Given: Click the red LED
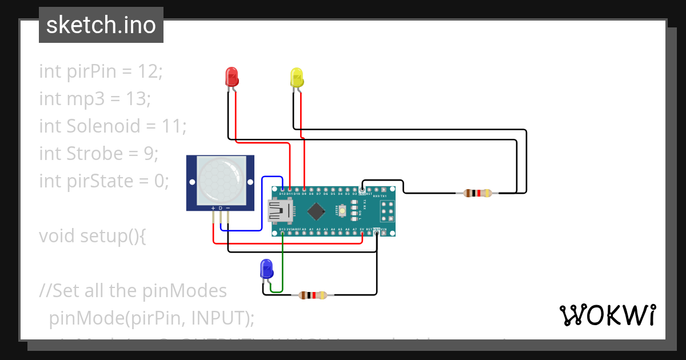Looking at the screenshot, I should [232, 77].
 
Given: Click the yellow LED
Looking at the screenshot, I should [296, 77].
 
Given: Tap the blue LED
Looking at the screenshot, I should [266, 269].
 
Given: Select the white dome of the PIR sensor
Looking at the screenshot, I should [220, 179].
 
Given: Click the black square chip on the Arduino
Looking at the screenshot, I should [316, 212].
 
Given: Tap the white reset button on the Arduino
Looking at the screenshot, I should [342, 212].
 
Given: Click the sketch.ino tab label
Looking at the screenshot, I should [101, 25].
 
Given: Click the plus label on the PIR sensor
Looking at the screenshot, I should [213, 207].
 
